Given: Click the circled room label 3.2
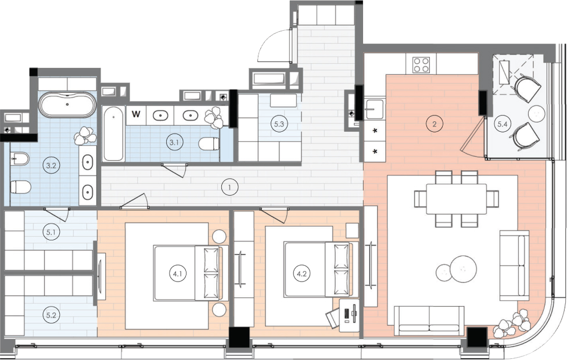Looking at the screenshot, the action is click(51, 165).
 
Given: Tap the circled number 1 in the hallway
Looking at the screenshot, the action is click(229, 188).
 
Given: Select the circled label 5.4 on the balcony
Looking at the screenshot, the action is click(503, 124).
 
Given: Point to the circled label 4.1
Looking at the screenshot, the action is click(177, 273).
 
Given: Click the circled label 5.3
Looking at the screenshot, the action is click(279, 124).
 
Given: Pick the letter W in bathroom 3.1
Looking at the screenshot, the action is click(135, 114).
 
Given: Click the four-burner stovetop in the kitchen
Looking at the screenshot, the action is click(421, 65).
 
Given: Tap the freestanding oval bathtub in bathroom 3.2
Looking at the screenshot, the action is click(67, 105).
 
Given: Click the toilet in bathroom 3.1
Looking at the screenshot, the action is click(209, 143).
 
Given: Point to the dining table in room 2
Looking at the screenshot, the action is click(457, 199).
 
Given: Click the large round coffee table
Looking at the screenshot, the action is click(463, 269).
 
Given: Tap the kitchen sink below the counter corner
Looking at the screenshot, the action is click(374, 109).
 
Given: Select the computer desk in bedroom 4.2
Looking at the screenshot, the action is click(349, 314).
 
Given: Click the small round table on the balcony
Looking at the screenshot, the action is click(536, 113).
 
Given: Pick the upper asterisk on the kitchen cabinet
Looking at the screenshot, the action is click(375, 131).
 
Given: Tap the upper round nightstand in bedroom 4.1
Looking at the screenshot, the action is click(219, 237).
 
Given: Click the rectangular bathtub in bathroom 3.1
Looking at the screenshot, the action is click(113, 134).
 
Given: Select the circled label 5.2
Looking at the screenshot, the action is click(51, 315).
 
